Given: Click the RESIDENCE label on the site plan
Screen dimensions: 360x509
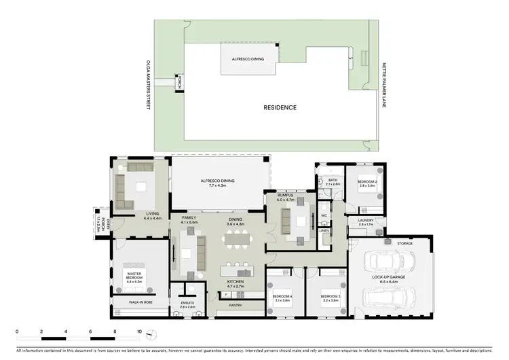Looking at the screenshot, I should tap(280, 107).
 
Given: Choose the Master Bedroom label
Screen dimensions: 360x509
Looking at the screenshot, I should tap(133, 276).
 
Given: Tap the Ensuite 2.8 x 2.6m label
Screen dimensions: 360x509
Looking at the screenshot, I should tap(188, 305).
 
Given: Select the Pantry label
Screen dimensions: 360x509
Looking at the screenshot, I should tap(235, 305).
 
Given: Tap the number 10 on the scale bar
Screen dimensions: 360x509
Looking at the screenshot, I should tap(139, 331).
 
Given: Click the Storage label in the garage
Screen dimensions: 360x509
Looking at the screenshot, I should tap(406, 242).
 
